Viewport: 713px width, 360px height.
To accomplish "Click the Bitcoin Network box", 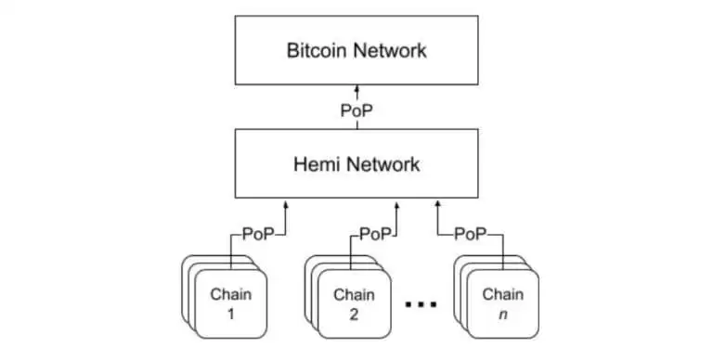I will click(x=356, y=50).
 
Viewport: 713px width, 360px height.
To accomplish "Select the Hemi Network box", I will click(x=356, y=165).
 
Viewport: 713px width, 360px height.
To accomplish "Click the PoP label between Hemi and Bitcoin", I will click(x=356, y=109).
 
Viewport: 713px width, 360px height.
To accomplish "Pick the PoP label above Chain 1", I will click(x=258, y=234).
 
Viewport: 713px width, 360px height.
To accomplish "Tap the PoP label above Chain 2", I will click(x=375, y=234).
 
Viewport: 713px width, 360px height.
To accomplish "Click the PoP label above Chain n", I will click(x=471, y=234).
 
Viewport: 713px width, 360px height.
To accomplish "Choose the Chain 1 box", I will click(x=230, y=303).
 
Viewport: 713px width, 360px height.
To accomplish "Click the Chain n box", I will click(x=500, y=303).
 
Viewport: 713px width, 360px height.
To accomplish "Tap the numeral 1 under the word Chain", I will click(x=230, y=313).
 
